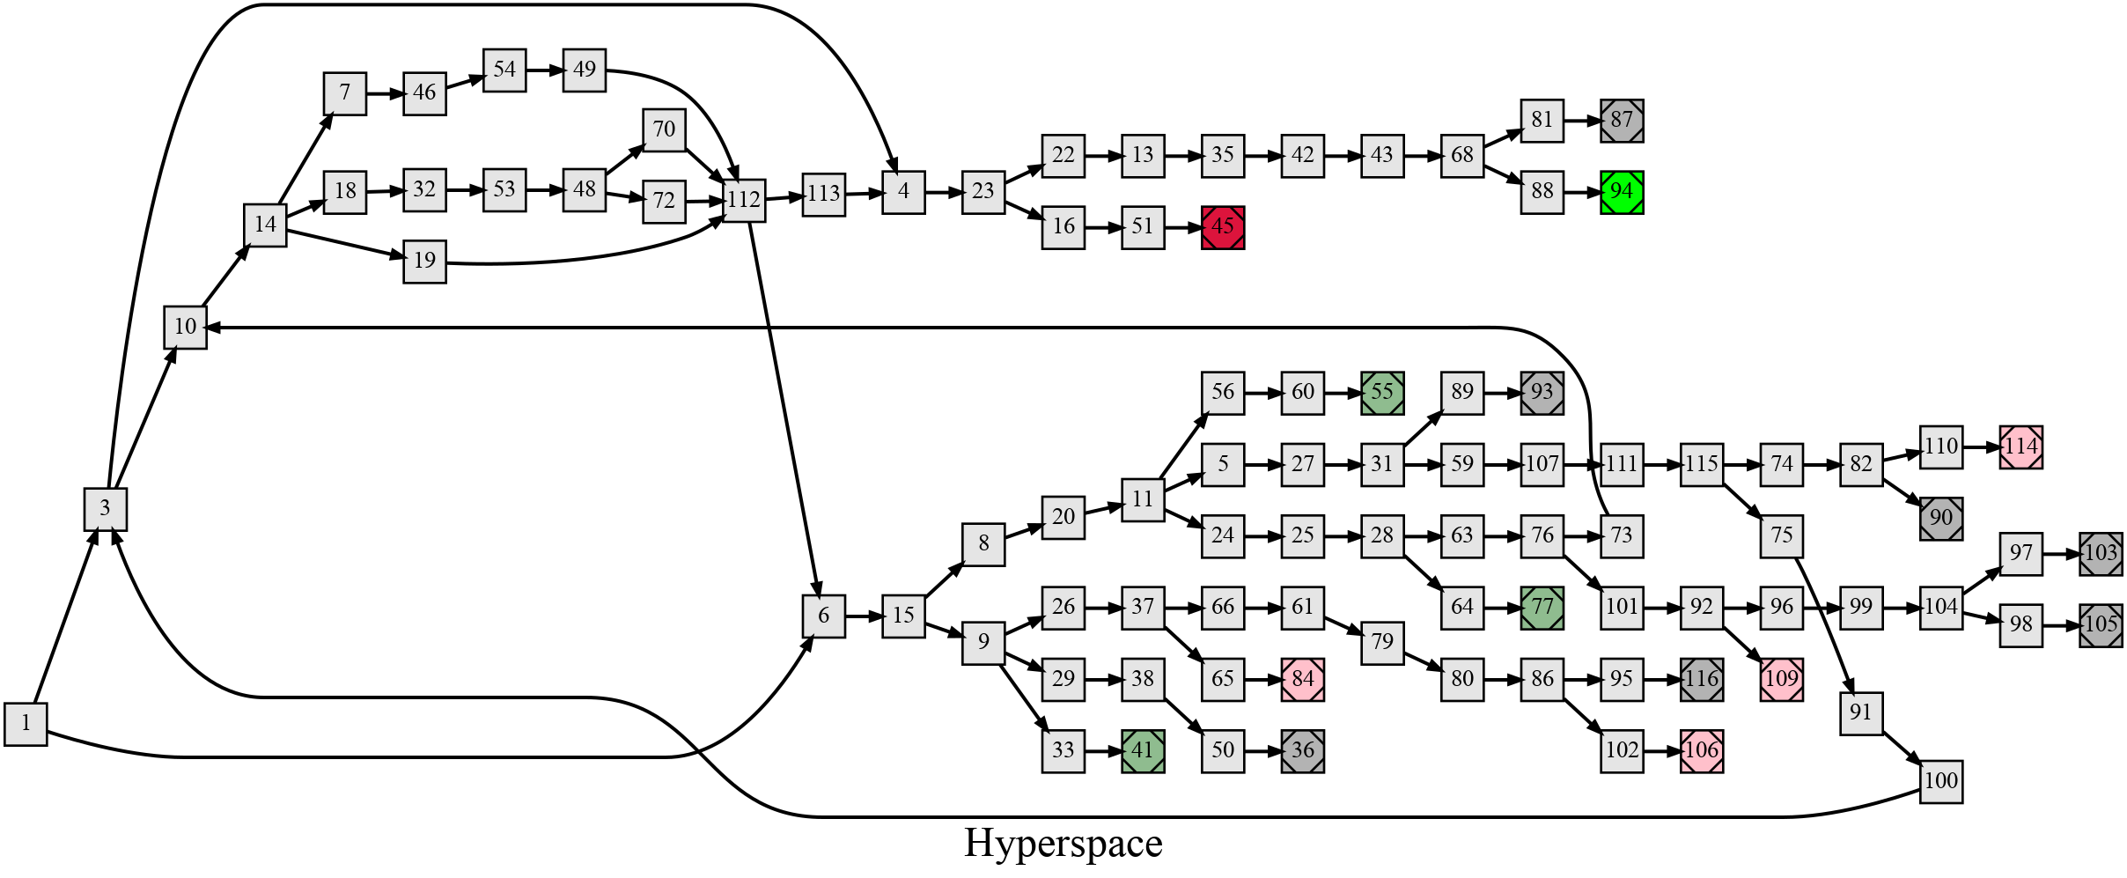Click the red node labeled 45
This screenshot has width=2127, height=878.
coord(1223,227)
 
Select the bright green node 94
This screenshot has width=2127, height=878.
coord(1622,192)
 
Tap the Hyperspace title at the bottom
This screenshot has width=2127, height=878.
coord(1063,843)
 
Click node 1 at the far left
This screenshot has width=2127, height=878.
coord(26,724)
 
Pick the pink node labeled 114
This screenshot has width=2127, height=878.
coord(2020,447)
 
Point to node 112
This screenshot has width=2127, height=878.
coord(744,200)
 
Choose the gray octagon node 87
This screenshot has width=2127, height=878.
coord(1622,121)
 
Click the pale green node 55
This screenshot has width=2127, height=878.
coord(1382,393)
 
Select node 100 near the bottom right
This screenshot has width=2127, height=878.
coord(1940,781)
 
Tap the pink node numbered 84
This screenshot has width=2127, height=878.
coord(1303,679)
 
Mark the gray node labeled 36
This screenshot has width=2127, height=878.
coord(1303,750)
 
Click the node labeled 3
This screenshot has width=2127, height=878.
coord(106,508)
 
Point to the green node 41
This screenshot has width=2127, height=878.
coord(1143,750)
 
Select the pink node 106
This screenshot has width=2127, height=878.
coord(1702,750)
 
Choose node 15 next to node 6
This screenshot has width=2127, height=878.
coord(903,615)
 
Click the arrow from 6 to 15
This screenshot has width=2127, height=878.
coord(864,615)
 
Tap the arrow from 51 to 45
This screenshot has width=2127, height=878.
coord(1182,227)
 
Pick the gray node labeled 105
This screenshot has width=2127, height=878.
coord(2101,625)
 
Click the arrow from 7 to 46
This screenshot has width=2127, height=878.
coord(385,92)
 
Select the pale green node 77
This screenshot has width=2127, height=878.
coord(1542,608)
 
